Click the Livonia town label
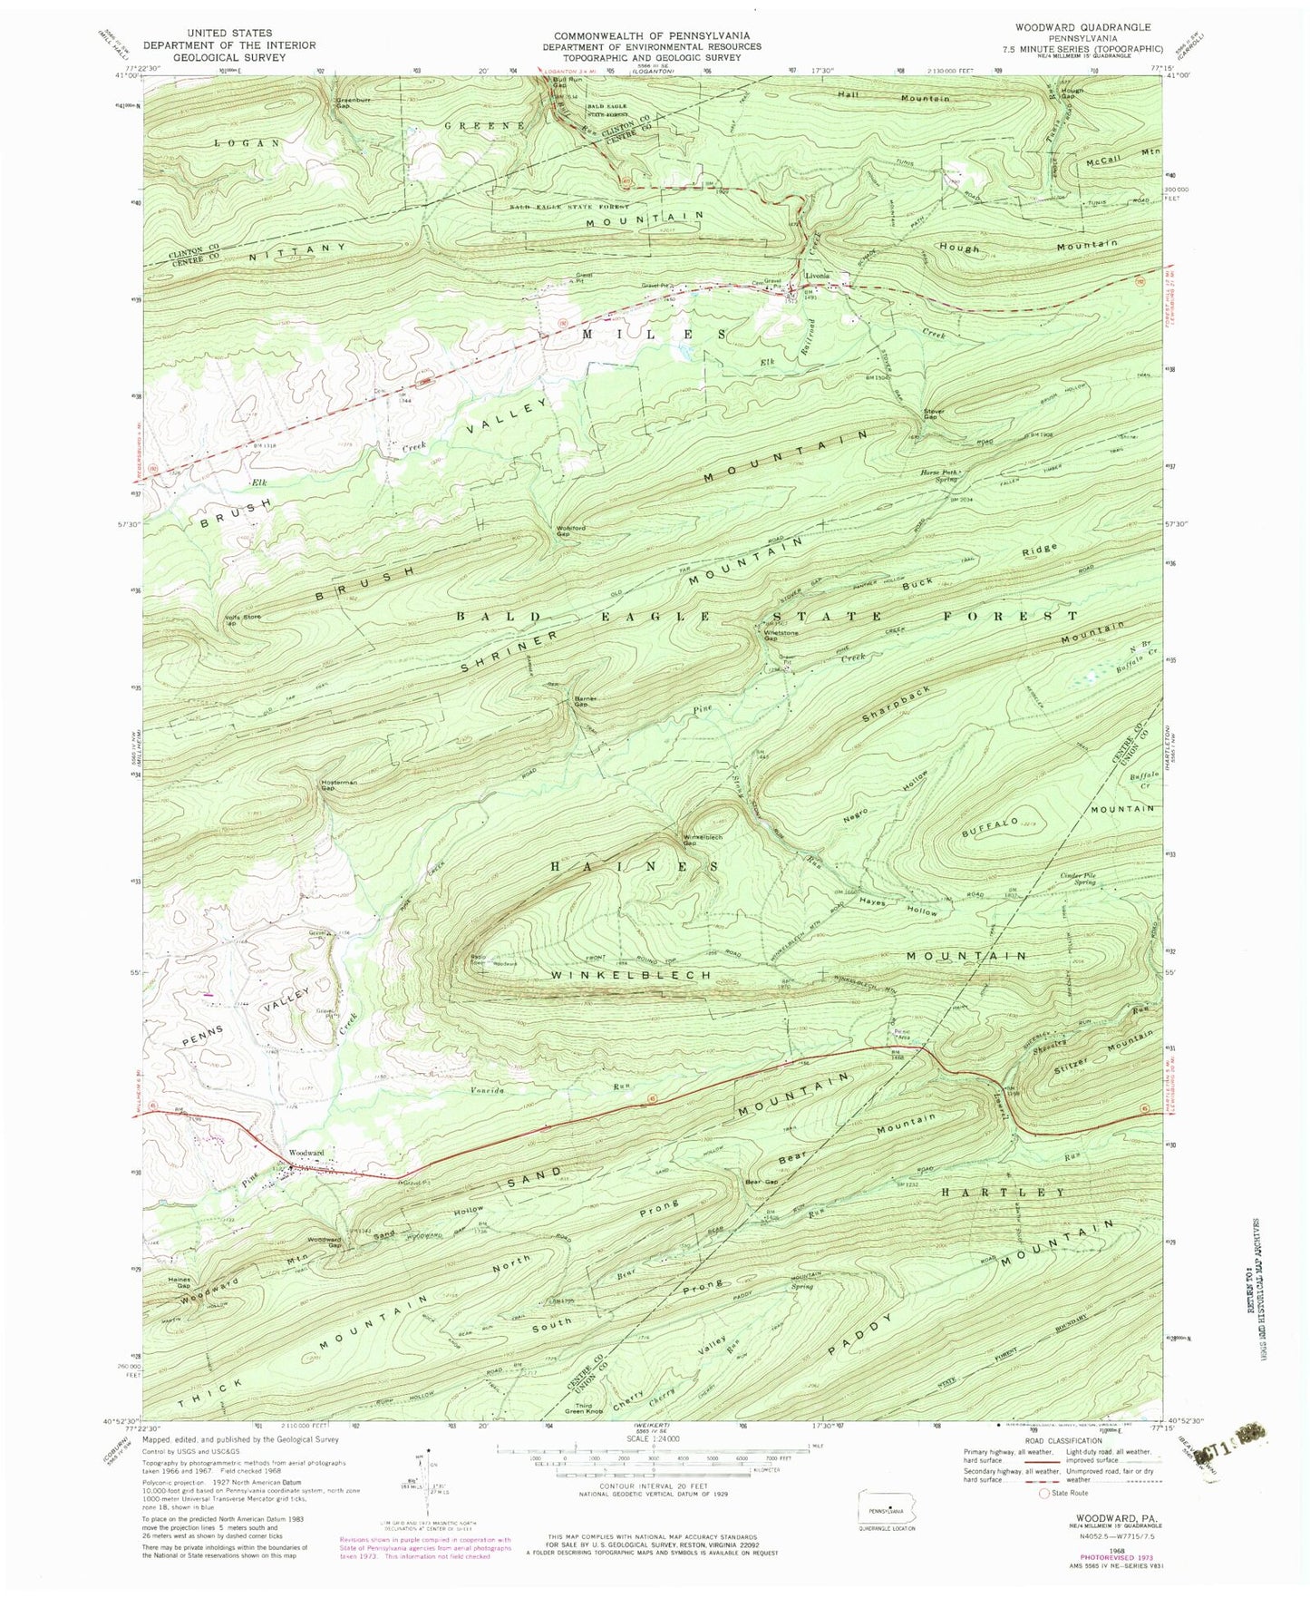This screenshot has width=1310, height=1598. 818,277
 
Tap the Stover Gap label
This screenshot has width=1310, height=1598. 934,415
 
